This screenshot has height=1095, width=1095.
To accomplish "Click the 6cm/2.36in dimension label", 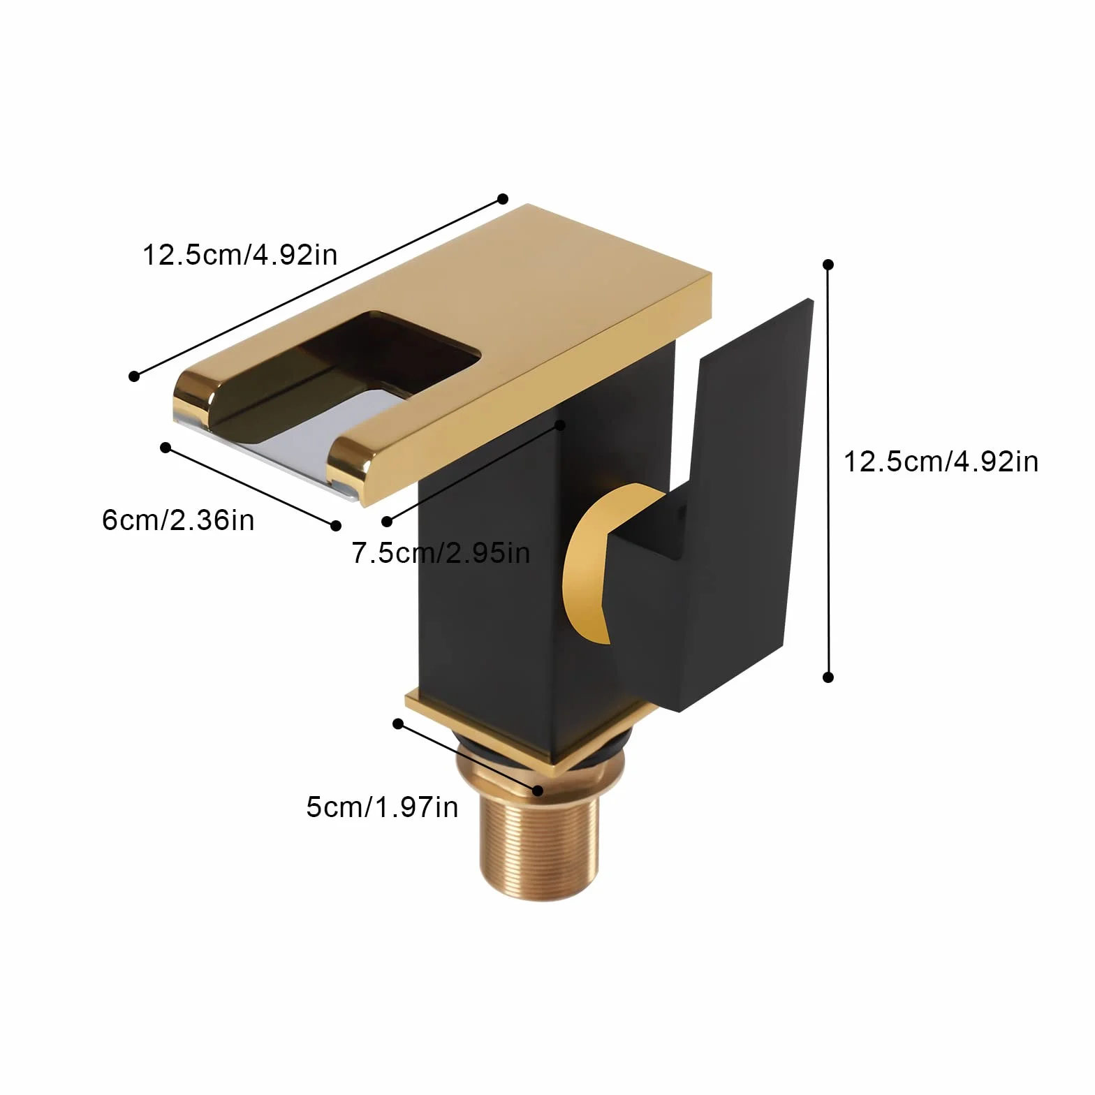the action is point(178,520).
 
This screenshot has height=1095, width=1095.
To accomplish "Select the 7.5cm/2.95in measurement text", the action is point(441,552).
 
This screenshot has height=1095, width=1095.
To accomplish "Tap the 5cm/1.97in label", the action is point(382,807).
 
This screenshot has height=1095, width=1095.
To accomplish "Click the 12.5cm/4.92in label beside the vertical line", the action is point(941,462).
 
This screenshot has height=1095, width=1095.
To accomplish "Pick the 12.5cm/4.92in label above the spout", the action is point(240,254).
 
